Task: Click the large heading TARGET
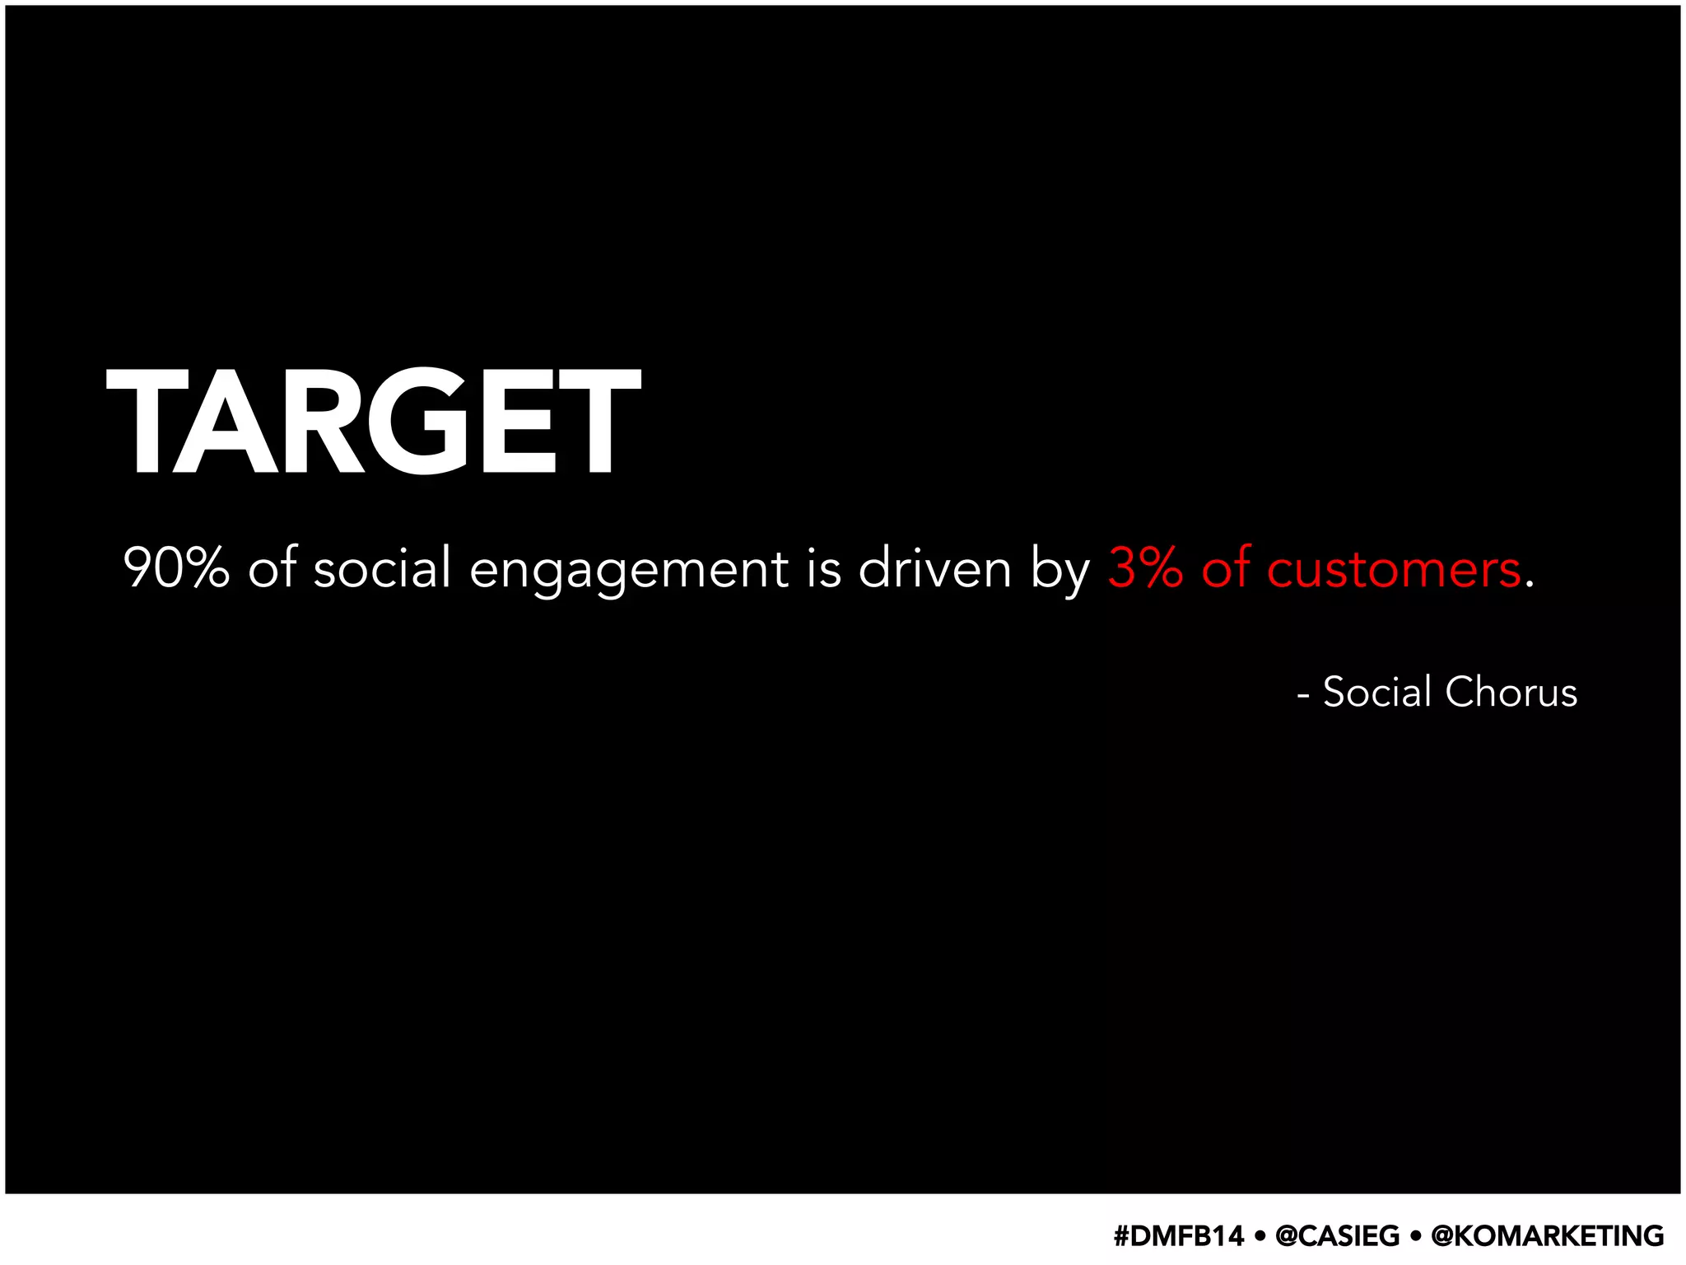pyautogui.click(x=373, y=422)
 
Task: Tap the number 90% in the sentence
pyautogui.click(x=176, y=568)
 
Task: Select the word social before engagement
pyautogui.click(x=382, y=568)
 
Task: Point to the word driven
pyautogui.click(x=934, y=568)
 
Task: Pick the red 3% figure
pyautogui.click(x=1145, y=568)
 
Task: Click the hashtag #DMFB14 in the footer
pyautogui.click(x=1178, y=1235)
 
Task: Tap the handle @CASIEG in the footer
pyautogui.click(x=1337, y=1235)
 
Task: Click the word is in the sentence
pyautogui.click(x=824, y=568)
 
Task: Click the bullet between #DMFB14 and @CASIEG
pyautogui.click(x=1260, y=1236)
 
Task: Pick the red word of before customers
pyautogui.click(x=1226, y=568)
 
